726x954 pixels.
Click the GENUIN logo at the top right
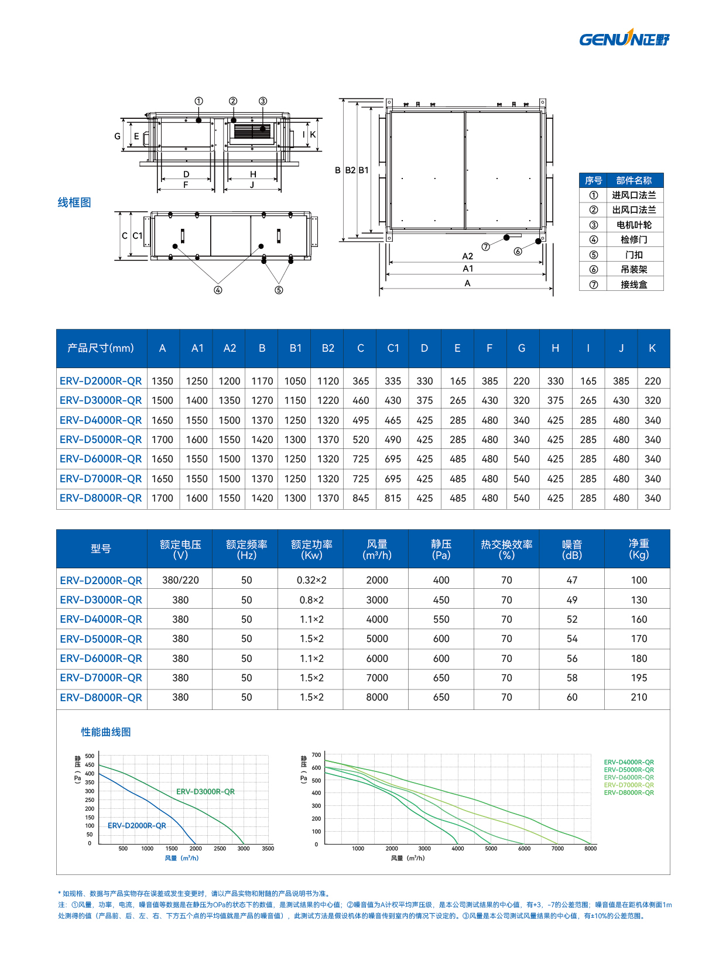624,39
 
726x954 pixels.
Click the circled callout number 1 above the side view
199,101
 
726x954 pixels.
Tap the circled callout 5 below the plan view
279,290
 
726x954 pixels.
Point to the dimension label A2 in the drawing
467,256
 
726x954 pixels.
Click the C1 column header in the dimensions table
393,348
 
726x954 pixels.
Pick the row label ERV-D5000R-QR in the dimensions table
101,440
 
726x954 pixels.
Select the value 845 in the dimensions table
361,498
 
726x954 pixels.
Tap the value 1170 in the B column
262,381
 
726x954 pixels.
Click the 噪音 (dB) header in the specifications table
572,550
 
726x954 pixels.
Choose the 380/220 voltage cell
180,580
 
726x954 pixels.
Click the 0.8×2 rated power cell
311,600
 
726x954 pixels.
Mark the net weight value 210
639,697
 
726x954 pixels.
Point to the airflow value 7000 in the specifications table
377,678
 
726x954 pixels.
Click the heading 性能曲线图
106,732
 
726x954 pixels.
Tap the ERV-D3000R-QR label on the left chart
206,792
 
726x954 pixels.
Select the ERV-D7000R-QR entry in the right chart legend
629,785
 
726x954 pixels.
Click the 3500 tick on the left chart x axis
268,849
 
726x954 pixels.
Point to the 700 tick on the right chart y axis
316,755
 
